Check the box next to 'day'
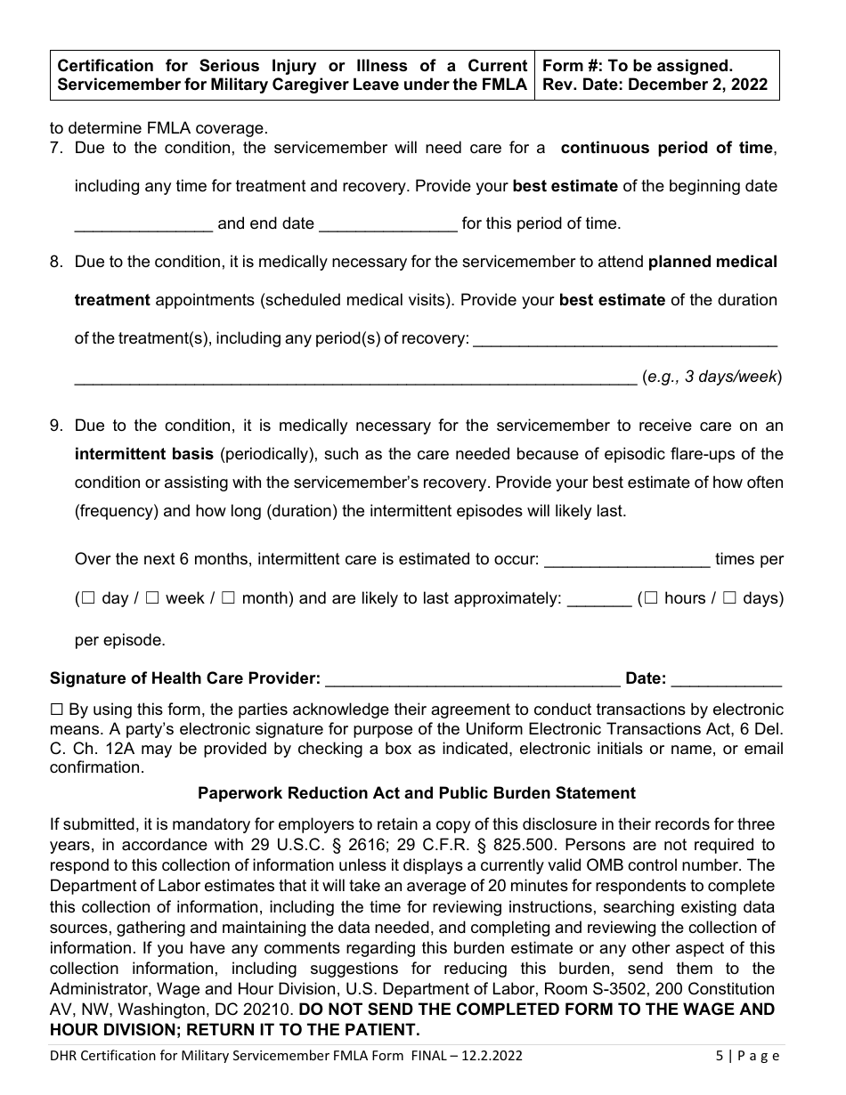tap(88, 599)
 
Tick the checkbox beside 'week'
tap(152, 599)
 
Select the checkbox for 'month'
tap(228, 599)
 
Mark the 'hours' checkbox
tap(651, 599)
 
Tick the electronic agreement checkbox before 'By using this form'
tap(56, 710)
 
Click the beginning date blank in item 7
tap(143, 224)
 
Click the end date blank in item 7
tap(387, 224)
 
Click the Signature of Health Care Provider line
tap(473, 679)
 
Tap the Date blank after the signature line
tap(726, 679)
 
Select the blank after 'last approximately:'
tap(598, 599)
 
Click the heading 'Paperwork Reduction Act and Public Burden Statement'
tap(417, 792)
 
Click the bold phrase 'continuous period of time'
tap(667, 149)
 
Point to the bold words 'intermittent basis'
tap(143, 454)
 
